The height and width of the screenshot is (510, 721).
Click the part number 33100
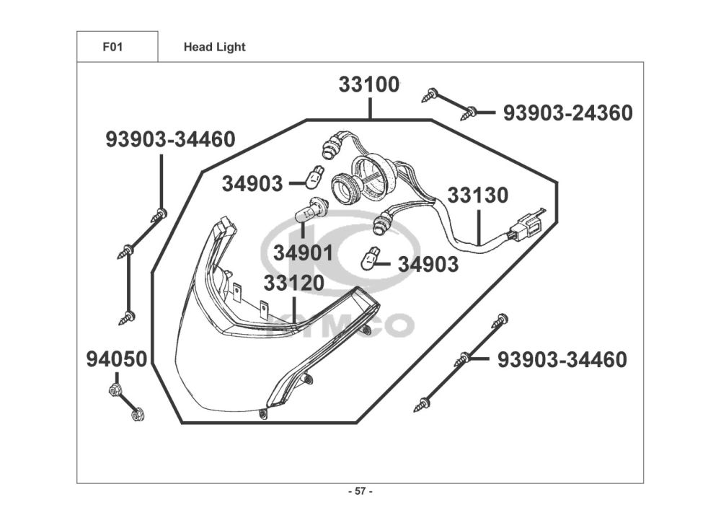point(368,85)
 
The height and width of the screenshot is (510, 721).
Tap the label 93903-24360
point(567,113)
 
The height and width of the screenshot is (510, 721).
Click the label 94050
point(117,359)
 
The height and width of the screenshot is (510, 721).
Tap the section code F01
point(112,47)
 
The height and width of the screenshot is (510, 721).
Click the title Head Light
point(214,48)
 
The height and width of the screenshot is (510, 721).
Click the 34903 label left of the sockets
point(252,184)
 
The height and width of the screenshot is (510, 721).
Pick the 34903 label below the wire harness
point(428,265)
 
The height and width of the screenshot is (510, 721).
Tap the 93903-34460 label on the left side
point(170,139)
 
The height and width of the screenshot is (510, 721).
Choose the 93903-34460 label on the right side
point(562,359)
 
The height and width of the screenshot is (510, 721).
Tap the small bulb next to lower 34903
point(371,257)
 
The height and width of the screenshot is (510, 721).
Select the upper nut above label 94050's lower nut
point(113,392)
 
